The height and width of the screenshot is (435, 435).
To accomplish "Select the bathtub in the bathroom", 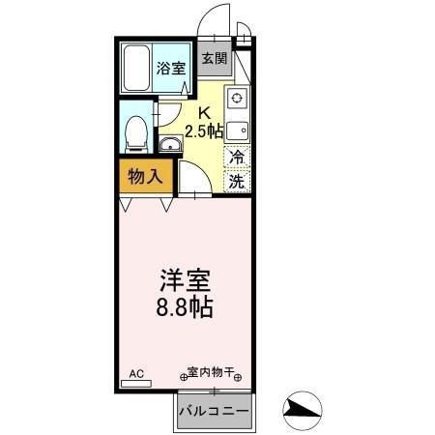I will pyautogui.click(x=136, y=68).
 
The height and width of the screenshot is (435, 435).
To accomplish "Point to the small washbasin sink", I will pyautogui.click(x=170, y=146).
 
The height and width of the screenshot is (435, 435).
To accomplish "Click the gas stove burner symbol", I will pyautogui.click(x=238, y=98).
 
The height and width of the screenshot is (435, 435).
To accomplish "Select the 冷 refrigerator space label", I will pyautogui.click(x=236, y=157).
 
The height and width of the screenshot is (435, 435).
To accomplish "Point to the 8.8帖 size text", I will pyautogui.click(x=186, y=309).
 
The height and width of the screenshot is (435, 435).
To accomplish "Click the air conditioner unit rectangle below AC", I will pyautogui.click(x=136, y=383).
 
